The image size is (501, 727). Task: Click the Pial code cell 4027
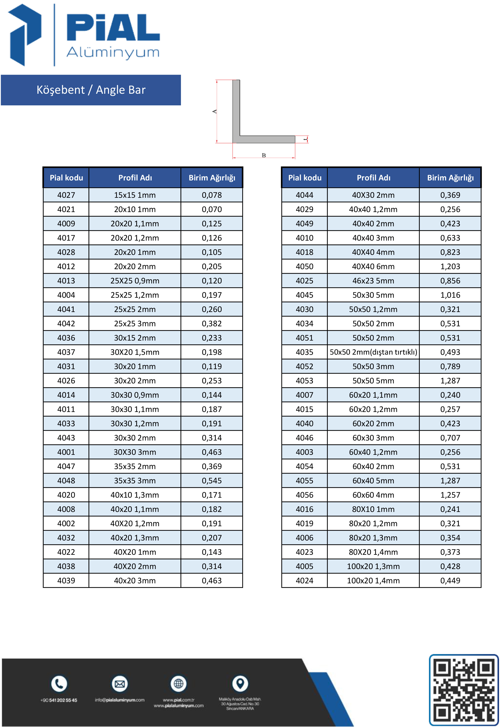point(66,195)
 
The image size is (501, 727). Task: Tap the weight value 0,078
point(212,195)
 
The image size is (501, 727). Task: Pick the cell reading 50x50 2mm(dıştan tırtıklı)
point(373,352)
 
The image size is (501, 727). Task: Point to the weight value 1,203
point(450,266)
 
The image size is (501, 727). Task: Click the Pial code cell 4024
point(304,581)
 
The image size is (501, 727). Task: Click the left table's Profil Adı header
point(135,178)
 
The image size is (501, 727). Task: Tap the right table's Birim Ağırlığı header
point(450,178)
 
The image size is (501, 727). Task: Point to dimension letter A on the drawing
point(214,111)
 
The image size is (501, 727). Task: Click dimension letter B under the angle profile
point(264,155)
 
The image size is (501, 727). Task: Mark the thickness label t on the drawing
point(305,139)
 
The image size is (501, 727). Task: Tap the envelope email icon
point(120,684)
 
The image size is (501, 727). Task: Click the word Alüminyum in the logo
point(113,52)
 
